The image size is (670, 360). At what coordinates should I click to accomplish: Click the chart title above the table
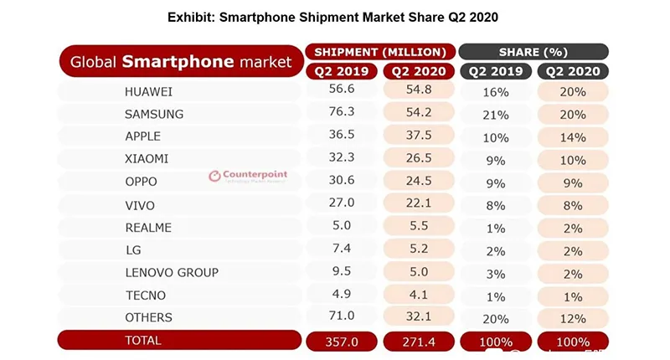pos(335,18)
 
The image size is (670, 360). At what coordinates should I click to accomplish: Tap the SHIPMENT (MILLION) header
pos(381,52)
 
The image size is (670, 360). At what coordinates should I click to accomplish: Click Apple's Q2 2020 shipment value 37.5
pos(418,136)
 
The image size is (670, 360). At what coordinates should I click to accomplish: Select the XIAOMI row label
pos(146,158)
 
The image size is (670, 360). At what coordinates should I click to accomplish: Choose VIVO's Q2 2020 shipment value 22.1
pos(418,204)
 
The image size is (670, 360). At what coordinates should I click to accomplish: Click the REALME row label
pos(147,227)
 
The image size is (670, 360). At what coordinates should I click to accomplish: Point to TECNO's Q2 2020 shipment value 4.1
pos(418,295)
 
